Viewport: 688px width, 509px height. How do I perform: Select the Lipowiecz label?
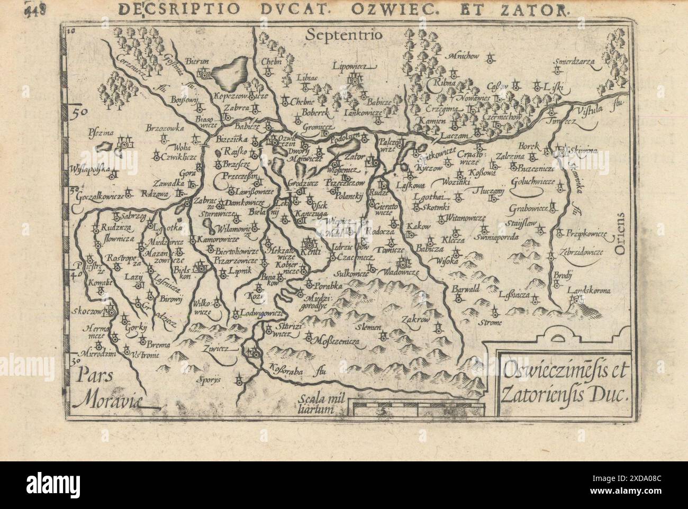[354, 67]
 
